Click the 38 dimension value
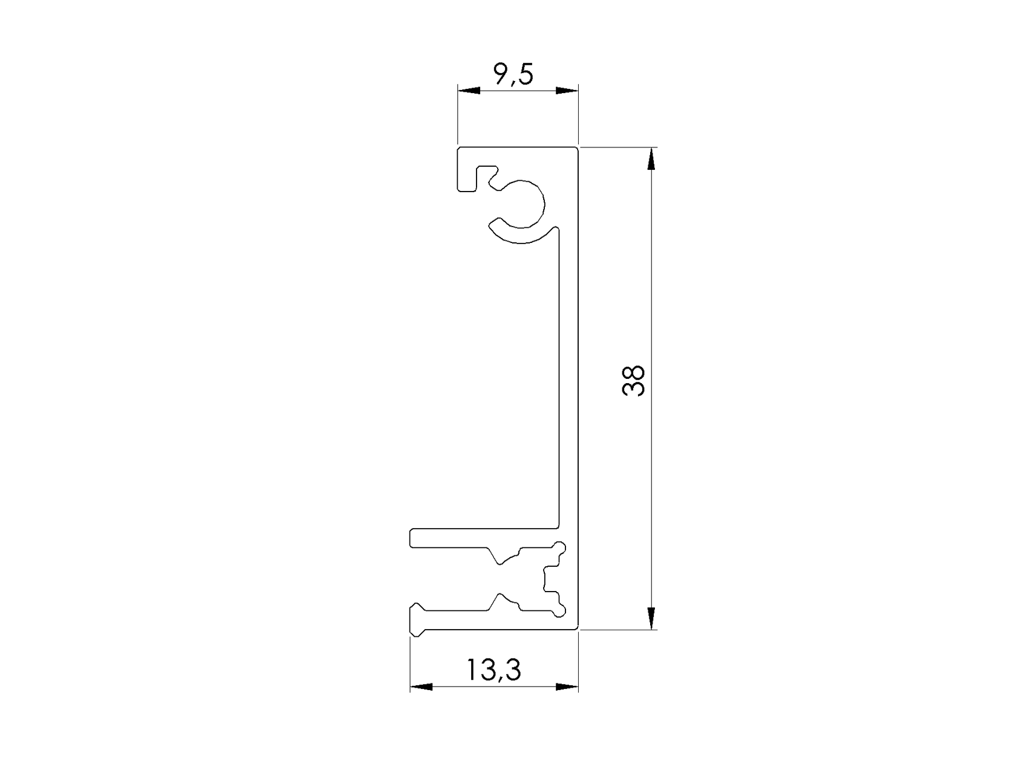(x=633, y=380)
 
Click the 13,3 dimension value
(x=493, y=670)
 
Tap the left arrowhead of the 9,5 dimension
(x=468, y=91)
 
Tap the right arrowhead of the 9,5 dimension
(x=567, y=91)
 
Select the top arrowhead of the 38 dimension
(x=651, y=160)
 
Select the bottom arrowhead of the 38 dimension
(x=651, y=618)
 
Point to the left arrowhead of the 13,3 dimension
(x=422, y=687)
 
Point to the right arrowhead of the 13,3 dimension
(x=567, y=687)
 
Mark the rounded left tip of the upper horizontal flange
(x=414, y=538)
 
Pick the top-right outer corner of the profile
(x=578, y=147)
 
